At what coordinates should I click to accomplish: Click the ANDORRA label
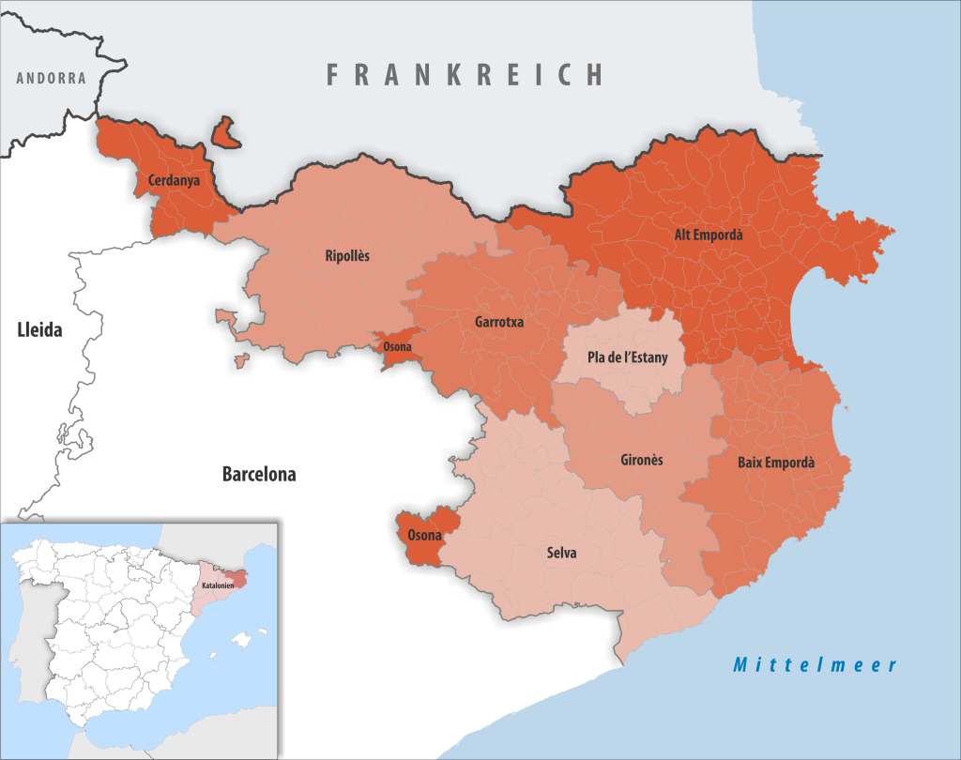click(x=51, y=78)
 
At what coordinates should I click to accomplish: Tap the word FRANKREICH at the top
click(x=465, y=74)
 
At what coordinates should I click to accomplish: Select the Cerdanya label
click(x=173, y=179)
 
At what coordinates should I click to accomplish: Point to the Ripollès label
click(x=347, y=255)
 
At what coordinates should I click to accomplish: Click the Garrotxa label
click(x=499, y=322)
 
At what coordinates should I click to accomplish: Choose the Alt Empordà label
click(x=709, y=236)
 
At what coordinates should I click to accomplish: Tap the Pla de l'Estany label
click(x=620, y=357)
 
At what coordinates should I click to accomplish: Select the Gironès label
click(x=642, y=460)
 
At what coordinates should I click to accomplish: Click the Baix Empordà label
click(x=776, y=463)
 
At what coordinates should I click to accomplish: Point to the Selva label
click(x=561, y=553)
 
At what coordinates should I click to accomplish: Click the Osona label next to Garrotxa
click(x=396, y=346)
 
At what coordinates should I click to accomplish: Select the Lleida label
click(x=39, y=329)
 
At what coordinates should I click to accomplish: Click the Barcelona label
click(x=259, y=475)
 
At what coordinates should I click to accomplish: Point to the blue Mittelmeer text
click(x=815, y=665)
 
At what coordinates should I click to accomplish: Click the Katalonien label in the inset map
click(x=217, y=585)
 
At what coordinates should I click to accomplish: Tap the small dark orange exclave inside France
click(x=225, y=133)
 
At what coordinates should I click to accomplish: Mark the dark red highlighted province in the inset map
click(x=239, y=579)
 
